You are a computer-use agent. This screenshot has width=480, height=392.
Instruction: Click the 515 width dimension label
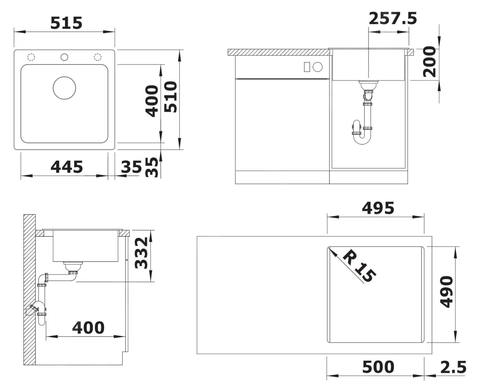click(66, 23)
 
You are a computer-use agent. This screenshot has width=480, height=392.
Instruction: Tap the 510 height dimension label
click(171, 97)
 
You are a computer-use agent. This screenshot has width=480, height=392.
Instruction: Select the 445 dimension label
click(67, 167)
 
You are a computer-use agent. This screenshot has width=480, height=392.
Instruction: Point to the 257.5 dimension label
click(393, 19)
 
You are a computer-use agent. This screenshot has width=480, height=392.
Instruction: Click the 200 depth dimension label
click(429, 61)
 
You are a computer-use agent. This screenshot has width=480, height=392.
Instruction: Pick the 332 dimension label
click(141, 253)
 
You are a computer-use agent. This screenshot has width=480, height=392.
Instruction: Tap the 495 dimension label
click(378, 208)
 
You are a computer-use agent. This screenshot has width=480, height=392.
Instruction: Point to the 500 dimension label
click(378, 367)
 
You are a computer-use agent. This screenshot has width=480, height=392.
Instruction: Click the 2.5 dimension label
click(453, 367)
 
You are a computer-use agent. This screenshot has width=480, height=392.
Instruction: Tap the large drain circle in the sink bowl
click(64, 88)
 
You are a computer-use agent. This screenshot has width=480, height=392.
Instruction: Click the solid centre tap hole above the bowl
click(64, 57)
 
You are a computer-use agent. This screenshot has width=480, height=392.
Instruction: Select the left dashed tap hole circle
click(31, 57)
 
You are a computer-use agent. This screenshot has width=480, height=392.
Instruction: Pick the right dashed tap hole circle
click(98, 57)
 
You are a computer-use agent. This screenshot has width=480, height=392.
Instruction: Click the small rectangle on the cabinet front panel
click(307, 67)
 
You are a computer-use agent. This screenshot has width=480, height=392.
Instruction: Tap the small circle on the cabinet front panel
click(318, 67)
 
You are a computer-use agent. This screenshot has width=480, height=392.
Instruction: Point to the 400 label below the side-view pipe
click(88, 328)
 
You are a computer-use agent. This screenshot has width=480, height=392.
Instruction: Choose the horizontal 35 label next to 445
click(131, 167)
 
